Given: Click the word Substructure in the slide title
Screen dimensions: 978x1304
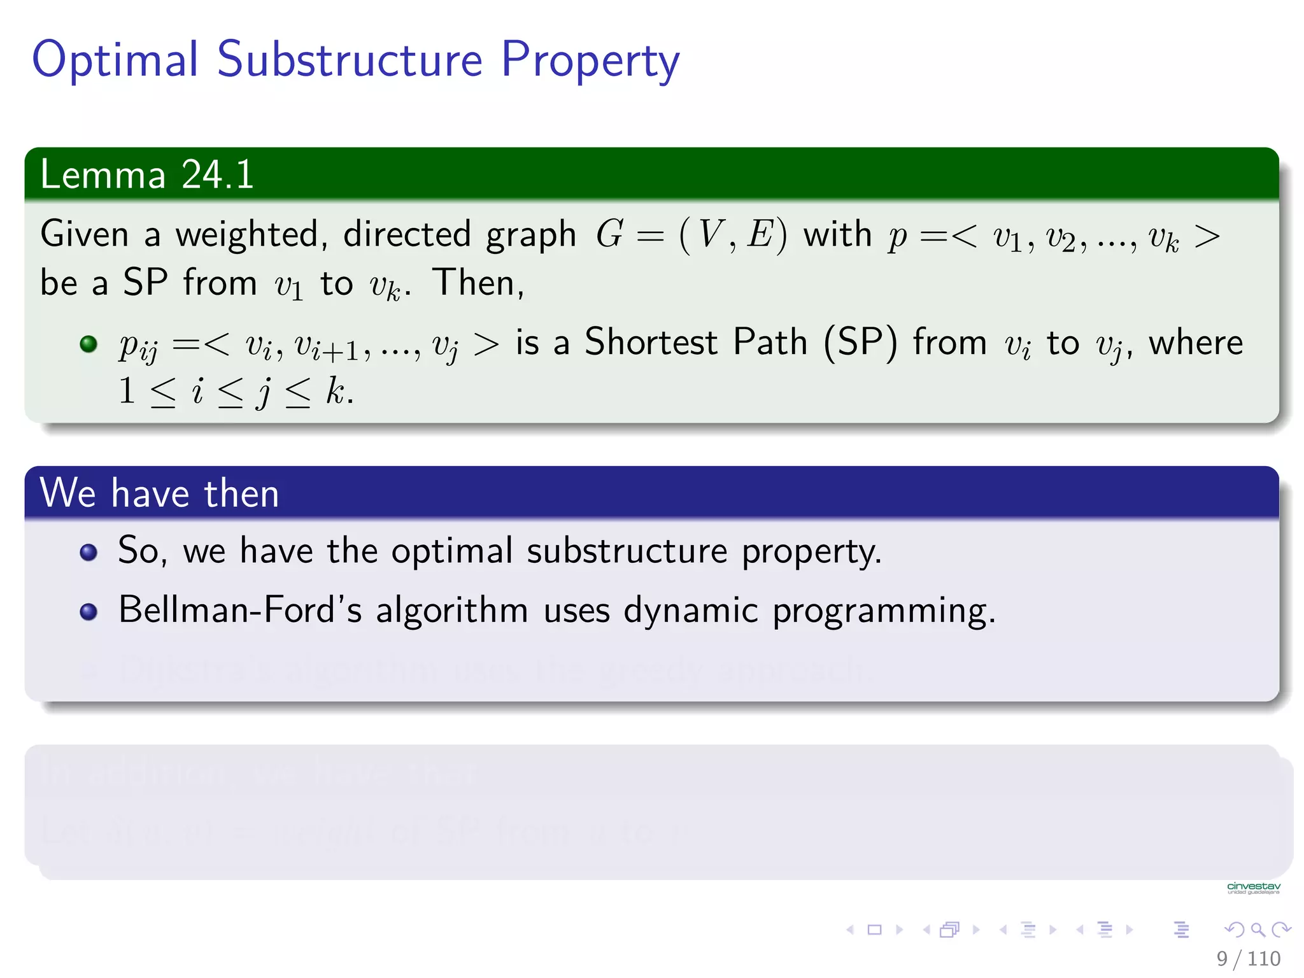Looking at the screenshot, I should click(x=350, y=59).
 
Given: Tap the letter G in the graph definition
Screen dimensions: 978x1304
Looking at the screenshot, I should click(x=609, y=234).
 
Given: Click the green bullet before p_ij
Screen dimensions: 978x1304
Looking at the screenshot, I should click(x=89, y=344).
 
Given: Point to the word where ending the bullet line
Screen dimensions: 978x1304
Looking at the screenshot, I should click(x=1195, y=343).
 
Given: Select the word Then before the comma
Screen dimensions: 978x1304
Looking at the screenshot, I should click(x=474, y=283).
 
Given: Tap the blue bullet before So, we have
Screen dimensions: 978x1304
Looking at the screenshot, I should click(x=89, y=552).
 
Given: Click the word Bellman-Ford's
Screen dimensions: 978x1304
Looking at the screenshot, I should click(x=240, y=610).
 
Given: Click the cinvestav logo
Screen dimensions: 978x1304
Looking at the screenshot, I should click(x=1253, y=888).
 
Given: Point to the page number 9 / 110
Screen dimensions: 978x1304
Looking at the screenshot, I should click(x=1248, y=958).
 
